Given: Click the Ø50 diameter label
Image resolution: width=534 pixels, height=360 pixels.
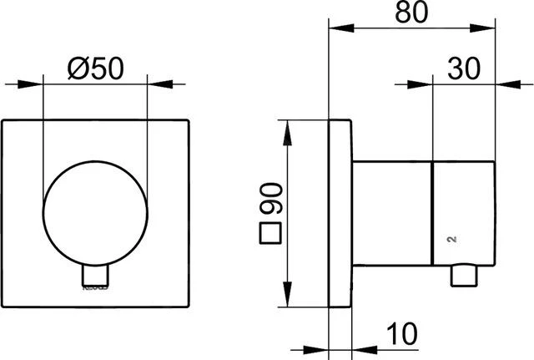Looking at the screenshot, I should (93, 66).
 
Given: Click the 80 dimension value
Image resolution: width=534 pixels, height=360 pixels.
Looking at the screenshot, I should (415, 13).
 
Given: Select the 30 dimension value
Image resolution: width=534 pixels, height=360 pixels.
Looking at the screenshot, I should (465, 66).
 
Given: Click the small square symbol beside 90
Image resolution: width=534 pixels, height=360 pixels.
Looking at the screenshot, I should (270, 233).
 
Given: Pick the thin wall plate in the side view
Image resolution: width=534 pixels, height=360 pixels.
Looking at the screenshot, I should (340, 214).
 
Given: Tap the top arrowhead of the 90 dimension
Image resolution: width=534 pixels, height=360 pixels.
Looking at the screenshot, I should (287, 126).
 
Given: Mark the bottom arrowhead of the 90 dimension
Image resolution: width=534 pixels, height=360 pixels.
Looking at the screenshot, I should (287, 302).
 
